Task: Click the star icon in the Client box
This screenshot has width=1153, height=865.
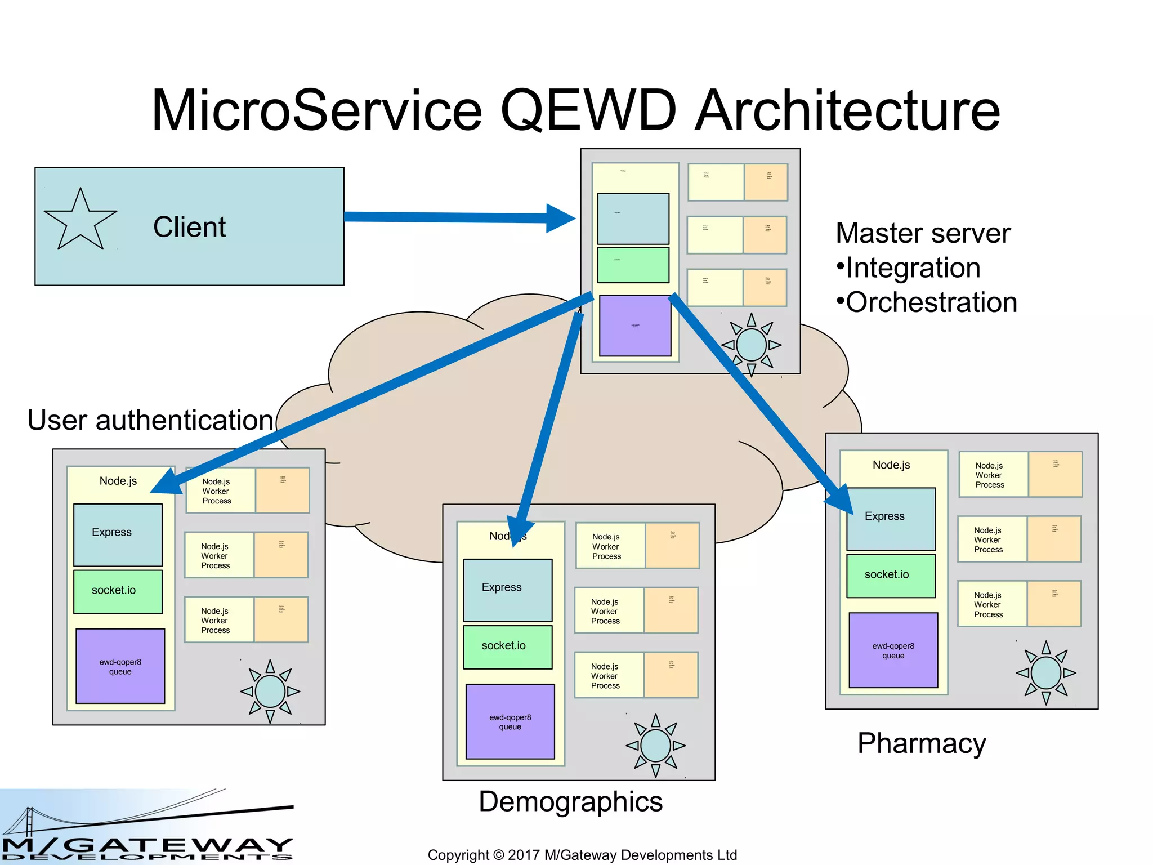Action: click(80, 220)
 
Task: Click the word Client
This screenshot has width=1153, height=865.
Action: click(189, 228)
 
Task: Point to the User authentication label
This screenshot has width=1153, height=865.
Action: click(150, 420)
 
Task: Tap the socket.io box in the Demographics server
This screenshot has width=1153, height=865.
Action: click(507, 646)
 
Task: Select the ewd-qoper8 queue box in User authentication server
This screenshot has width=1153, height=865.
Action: click(120, 666)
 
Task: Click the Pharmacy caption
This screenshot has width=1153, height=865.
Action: click(922, 743)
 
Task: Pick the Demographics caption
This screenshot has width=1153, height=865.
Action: click(570, 801)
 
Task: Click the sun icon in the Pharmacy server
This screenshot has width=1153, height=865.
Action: click(1045, 673)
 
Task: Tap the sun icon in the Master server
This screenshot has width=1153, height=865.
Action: click(751, 345)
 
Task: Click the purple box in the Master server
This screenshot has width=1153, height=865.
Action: click(635, 326)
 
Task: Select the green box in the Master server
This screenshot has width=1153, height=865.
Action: click(633, 265)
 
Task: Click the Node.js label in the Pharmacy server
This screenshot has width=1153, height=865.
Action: click(891, 465)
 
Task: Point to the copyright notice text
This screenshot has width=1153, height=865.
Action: click(582, 855)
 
